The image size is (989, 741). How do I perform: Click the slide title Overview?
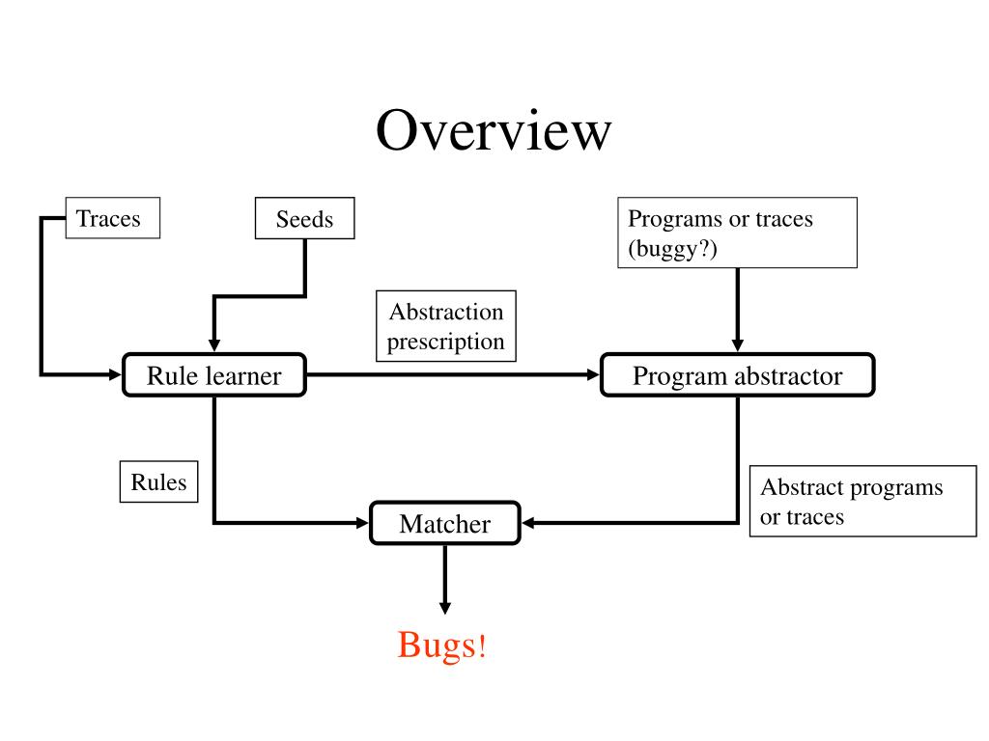coord(494,130)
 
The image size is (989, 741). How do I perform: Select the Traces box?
coord(112,218)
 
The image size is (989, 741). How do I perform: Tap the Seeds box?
coord(304,219)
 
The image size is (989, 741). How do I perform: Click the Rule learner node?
coord(213,375)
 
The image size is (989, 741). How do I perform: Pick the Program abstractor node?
coord(737,375)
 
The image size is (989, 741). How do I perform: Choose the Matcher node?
coord(444,524)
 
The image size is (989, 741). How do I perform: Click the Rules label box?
coord(158,481)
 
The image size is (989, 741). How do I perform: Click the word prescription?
coord(446,342)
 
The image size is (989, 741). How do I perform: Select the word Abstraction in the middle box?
coord(446,312)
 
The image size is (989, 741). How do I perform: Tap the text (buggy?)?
coord(673,248)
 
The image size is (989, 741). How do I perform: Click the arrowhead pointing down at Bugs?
coord(444,608)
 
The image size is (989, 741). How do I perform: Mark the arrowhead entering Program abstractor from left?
coord(593,375)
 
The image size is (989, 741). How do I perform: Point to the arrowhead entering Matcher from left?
coord(363,524)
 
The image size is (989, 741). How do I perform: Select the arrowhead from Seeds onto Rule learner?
coord(213,346)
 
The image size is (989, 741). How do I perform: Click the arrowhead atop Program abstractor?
coord(737,345)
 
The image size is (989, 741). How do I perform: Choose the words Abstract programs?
coord(851,487)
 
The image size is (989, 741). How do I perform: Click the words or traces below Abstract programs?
coord(802,517)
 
